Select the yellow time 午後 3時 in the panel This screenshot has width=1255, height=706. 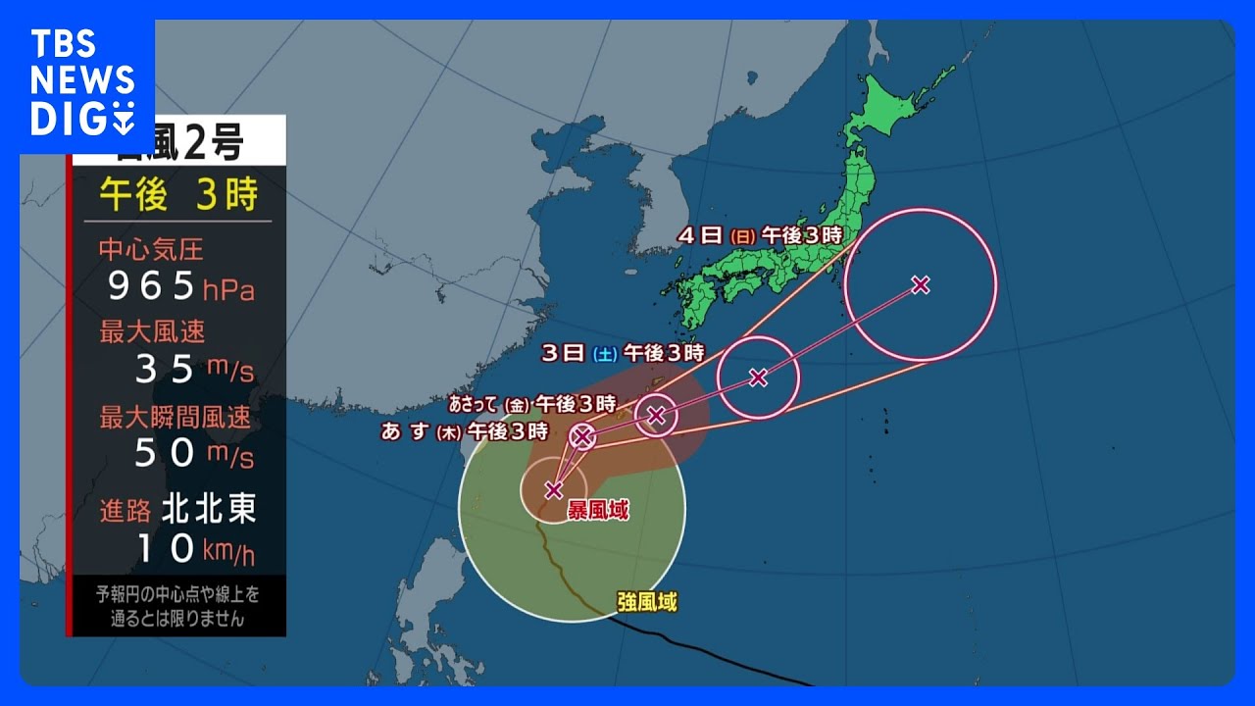point(178,195)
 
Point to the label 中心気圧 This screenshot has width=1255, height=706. point(151,249)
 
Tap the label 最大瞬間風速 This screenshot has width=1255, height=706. point(175,418)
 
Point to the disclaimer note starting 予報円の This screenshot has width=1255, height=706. point(177,606)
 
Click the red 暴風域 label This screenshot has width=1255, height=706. point(598,511)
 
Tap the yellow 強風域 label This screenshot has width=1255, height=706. point(647,602)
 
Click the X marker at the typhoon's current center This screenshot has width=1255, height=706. point(553,489)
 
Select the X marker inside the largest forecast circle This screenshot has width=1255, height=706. point(920,284)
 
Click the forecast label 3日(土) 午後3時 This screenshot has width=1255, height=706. point(622,354)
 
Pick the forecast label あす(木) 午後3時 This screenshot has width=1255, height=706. point(463,430)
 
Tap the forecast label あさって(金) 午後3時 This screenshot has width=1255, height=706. point(531,403)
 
